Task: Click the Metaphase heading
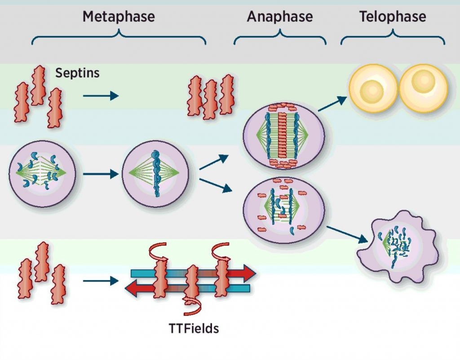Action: point(119,17)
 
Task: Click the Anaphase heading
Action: point(279,17)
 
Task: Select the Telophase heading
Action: point(393,17)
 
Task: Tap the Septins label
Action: point(77,73)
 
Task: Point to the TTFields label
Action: point(191,328)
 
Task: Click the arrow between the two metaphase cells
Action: point(100,173)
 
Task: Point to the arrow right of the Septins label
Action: point(100,96)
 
